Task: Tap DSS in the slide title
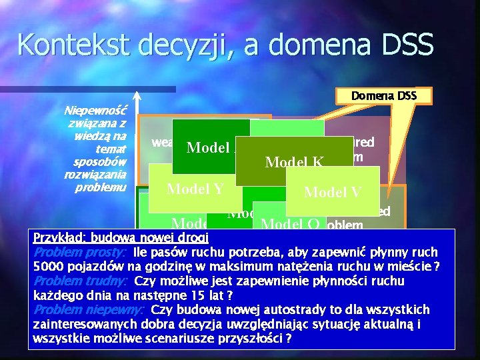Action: pyautogui.click(x=405, y=45)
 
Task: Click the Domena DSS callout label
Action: pyautogui.click(x=385, y=96)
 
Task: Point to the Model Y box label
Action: pyautogui.click(x=195, y=189)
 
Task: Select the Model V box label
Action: pyautogui.click(x=332, y=192)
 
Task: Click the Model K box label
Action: pyautogui.click(x=294, y=161)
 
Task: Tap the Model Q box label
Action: pyautogui.click(x=293, y=224)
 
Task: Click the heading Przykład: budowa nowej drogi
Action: pyautogui.click(x=121, y=238)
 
